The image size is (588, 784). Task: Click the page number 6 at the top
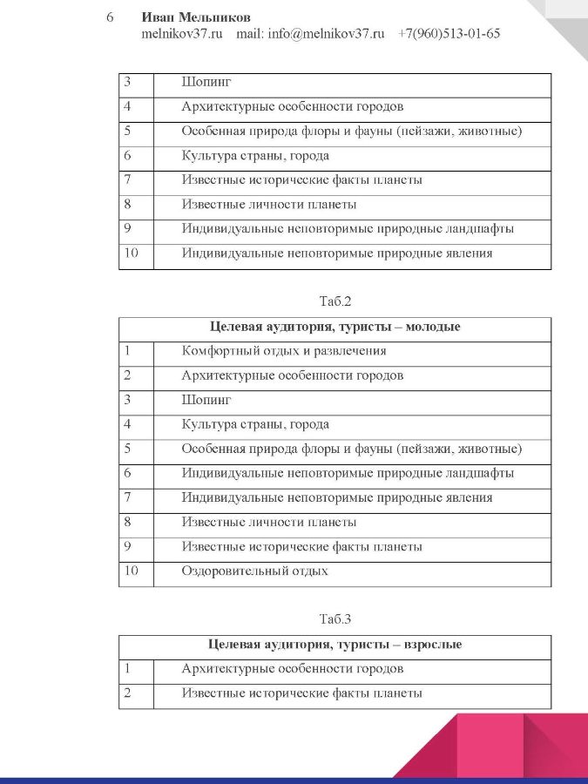coord(111,17)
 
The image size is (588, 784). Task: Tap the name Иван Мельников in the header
coord(196,17)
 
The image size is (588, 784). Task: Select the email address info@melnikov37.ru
coord(327,34)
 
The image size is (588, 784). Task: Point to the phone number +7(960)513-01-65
coord(449,34)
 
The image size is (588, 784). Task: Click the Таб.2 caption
coord(335,302)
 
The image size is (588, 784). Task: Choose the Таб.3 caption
coord(335,620)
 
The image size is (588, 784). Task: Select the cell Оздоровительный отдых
coord(254,571)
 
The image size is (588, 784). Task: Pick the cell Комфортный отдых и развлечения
coord(284,351)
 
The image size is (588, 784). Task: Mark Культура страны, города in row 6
coord(255,156)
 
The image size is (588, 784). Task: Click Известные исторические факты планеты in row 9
coord(301,547)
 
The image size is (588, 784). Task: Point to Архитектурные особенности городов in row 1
coord(292,669)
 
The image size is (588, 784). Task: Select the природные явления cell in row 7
coord(337,498)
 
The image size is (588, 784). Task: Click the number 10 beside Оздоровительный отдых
coord(132,571)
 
